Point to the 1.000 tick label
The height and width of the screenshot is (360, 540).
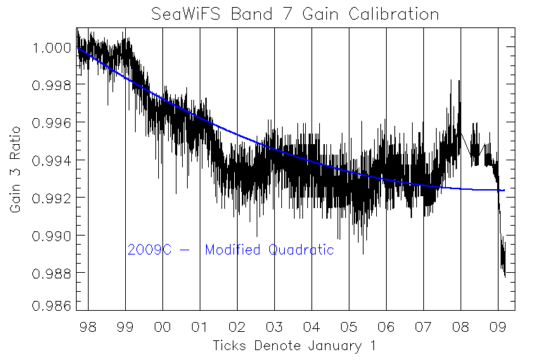click(51, 48)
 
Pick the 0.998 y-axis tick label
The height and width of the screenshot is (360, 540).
click(51, 85)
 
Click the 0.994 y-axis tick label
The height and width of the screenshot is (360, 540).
click(51, 160)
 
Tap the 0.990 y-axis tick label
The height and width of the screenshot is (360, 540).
click(51, 236)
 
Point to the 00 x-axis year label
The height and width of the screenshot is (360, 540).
click(163, 328)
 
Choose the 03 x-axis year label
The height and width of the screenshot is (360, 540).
click(275, 328)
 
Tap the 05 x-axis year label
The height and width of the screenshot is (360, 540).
click(349, 328)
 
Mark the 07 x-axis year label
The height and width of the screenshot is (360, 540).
click(424, 328)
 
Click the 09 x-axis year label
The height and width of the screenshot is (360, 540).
click(499, 328)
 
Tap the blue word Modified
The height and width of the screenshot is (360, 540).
click(233, 250)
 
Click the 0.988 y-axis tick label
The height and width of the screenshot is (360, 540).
click(51, 273)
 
